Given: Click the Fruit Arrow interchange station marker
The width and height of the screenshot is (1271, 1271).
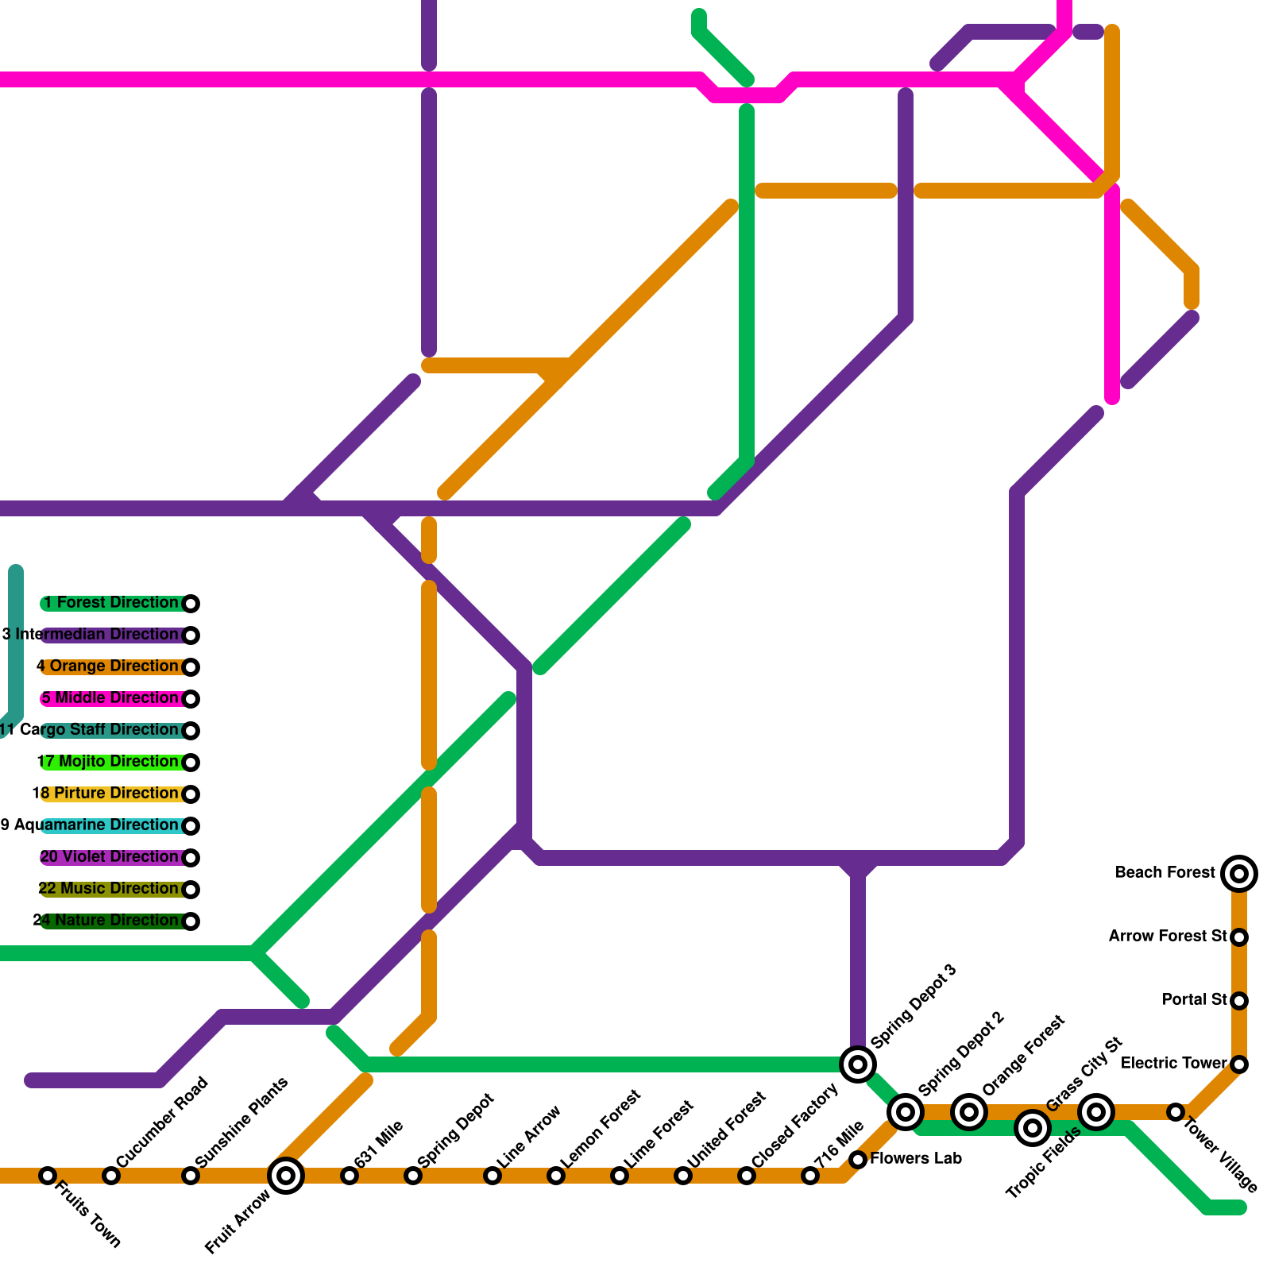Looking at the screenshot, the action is point(286,1176).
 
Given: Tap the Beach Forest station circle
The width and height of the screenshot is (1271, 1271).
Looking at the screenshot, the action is point(1239,874).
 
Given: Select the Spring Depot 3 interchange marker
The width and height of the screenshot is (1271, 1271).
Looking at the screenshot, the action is point(858,1064).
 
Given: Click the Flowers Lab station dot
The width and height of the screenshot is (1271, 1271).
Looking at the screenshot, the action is point(858,1160).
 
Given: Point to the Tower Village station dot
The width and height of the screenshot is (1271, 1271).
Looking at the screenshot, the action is point(1176,1113).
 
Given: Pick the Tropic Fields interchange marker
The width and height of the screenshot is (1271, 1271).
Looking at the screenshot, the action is point(1033,1127).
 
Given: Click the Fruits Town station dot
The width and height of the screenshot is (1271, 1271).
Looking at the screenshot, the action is point(48,1176).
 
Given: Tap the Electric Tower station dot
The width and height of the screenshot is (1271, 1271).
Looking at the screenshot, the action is point(1239,1064).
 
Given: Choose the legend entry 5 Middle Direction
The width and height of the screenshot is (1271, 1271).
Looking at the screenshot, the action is point(110,698).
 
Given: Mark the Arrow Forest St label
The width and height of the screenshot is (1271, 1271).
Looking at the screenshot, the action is point(1168,937).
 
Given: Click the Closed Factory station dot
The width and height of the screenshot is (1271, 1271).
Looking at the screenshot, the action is point(747,1176).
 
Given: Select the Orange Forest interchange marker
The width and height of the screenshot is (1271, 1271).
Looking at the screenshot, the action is point(969,1111).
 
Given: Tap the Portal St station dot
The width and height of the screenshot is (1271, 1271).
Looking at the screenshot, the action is point(1239,1001).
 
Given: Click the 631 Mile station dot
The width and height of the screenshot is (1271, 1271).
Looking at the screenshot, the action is point(350,1176).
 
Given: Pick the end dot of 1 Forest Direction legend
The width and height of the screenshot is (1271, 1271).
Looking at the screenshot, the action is point(191,604).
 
